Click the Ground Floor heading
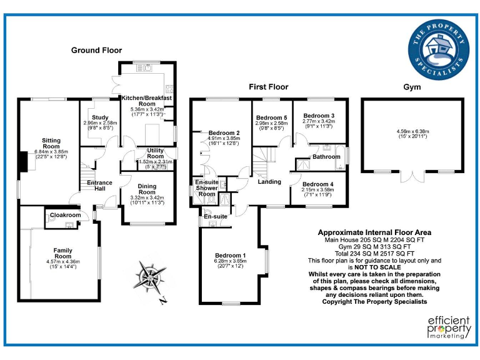coord(96,50)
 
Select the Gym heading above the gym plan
coord(412,86)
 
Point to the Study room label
coord(100,117)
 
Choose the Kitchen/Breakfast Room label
coord(147,102)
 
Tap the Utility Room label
coord(156,153)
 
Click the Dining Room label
coord(147,189)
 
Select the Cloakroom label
coord(66,215)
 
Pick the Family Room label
coord(62,254)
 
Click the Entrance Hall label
coord(100,186)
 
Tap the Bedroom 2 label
coord(224,133)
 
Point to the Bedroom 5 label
coord(272,117)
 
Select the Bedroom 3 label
coord(319,116)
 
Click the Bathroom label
coord(326,156)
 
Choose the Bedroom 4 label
coord(318,184)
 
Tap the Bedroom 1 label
coord(231,255)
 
